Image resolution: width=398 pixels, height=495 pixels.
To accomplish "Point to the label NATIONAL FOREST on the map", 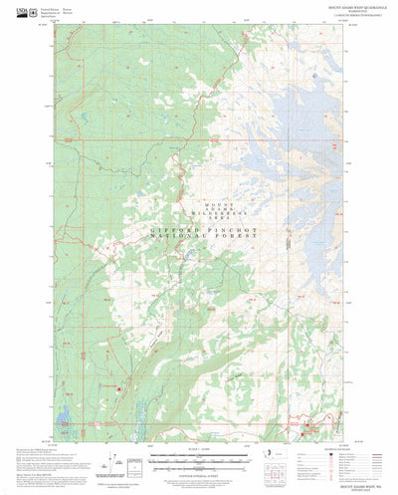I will point(206,240).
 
